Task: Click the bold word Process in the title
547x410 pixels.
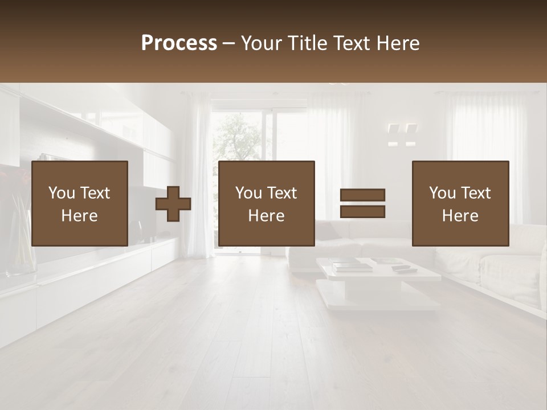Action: click(x=179, y=43)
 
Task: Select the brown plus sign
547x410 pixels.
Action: click(x=173, y=203)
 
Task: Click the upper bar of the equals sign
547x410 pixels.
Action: click(x=362, y=195)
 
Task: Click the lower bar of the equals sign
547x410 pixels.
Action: click(x=362, y=212)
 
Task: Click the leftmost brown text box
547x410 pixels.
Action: click(x=80, y=203)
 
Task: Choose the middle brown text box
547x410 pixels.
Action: click(x=267, y=203)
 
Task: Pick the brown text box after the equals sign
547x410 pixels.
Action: click(x=460, y=203)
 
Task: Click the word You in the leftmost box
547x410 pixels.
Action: click(x=61, y=193)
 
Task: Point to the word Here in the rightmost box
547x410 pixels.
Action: click(x=460, y=215)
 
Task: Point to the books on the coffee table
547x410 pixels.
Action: click(x=352, y=265)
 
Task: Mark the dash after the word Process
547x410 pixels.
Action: click(x=229, y=43)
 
